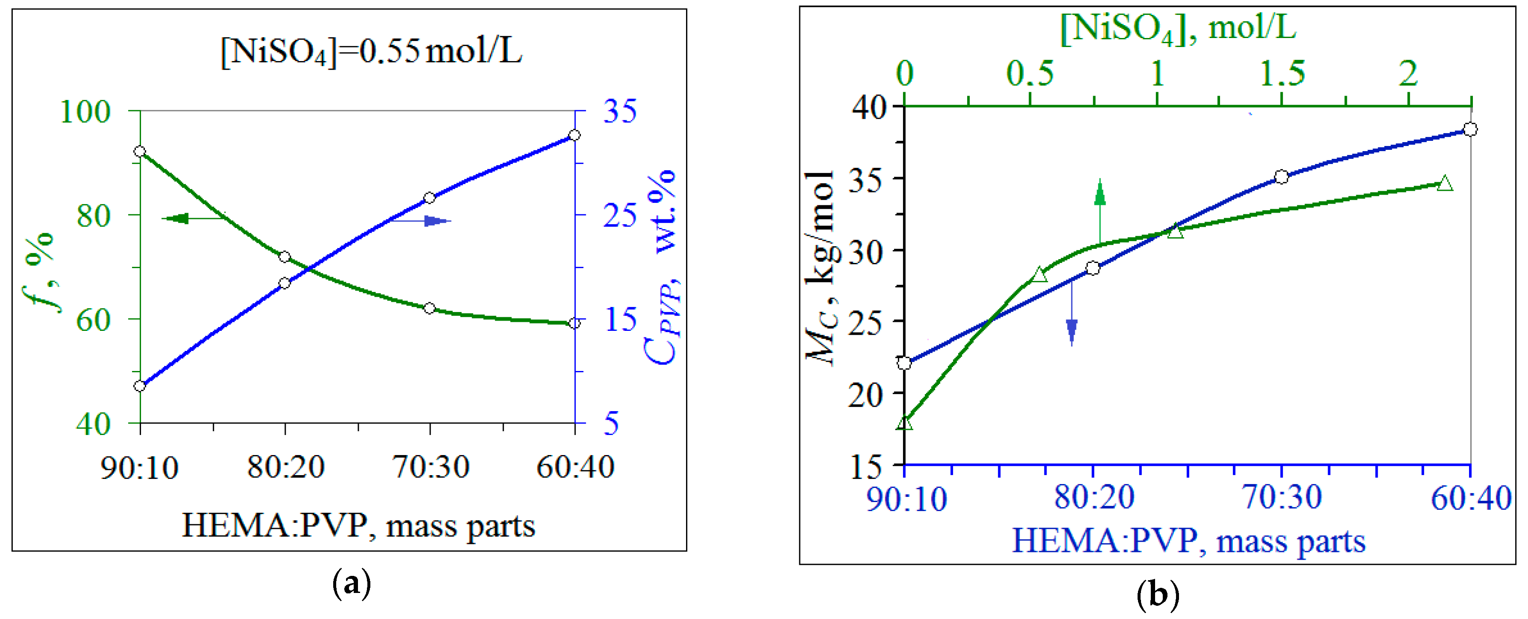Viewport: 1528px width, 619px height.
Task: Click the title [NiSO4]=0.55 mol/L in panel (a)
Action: [371, 52]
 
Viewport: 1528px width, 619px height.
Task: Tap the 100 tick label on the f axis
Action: [85, 111]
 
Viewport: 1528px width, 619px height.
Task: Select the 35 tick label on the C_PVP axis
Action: [620, 111]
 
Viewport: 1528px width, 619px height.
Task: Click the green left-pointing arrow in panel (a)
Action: [178, 219]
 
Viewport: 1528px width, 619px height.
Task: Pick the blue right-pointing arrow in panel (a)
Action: [436, 221]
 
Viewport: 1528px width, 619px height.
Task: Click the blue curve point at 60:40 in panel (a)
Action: [574, 136]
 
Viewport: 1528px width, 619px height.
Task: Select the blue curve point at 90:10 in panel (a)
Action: [140, 386]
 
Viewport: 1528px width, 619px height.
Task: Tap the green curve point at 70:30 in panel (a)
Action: [429, 308]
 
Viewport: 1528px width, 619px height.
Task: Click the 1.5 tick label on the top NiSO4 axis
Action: [1282, 74]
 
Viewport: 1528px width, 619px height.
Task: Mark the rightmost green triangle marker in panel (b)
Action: [1445, 184]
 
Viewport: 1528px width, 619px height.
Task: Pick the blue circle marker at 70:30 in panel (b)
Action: [1281, 177]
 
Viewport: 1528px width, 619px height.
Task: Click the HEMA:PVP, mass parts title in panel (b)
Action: [1188, 541]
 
